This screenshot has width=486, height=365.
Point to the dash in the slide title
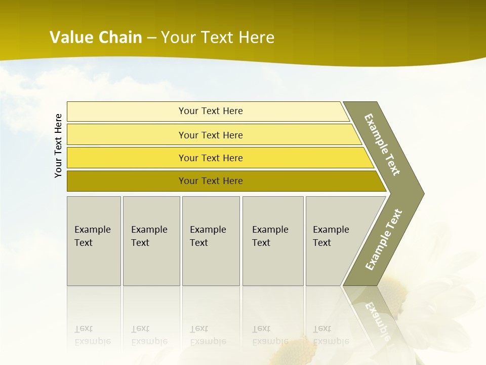pos(151,38)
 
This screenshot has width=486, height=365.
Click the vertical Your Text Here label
pos(58,145)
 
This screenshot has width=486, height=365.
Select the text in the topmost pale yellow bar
pos(211,111)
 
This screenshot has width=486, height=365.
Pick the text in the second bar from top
pos(211,135)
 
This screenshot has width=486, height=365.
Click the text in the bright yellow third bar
pos(211,158)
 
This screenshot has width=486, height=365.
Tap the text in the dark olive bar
pos(211,181)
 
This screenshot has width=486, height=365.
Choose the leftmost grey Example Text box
pos(94,241)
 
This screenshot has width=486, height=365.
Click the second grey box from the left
pos(151,241)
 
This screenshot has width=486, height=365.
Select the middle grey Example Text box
pos(210,241)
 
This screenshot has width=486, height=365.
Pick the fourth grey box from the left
pos(272,241)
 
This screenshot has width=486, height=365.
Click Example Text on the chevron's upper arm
pos(382,144)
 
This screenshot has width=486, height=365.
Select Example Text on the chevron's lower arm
pos(383,240)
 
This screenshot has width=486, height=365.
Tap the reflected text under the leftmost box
pos(92,335)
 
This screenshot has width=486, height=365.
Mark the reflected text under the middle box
pos(208,335)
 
